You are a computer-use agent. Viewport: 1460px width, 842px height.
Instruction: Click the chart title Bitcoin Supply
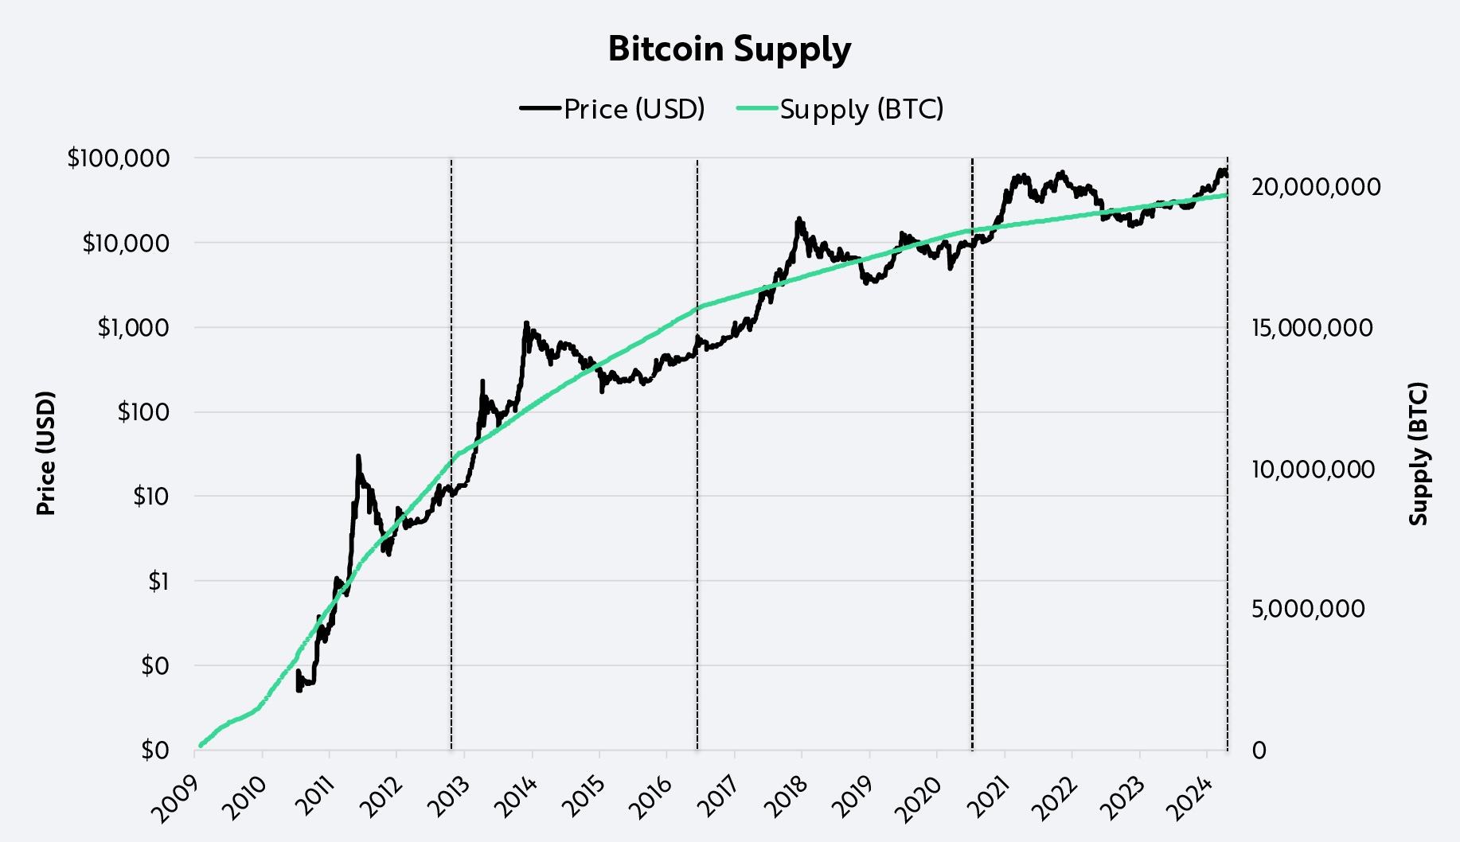pyautogui.click(x=729, y=49)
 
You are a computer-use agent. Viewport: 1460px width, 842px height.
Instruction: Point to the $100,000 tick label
pyautogui.click(x=119, y=158)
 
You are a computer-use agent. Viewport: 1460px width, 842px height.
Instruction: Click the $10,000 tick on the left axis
pyautogui.click(x=126, y=243)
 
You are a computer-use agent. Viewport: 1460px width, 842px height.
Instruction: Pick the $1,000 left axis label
pyautogui.click(x=133, y=327)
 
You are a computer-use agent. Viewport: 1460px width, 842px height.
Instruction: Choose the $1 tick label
pyautogui.click(x=158, y=581)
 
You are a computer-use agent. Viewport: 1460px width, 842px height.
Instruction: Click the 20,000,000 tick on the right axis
pyautogui.click(x=1315, y=187)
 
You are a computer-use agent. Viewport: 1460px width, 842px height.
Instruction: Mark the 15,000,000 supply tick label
pyautogui.click(x=1311, y=328)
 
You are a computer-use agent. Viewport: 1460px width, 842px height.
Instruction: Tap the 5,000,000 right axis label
pyautogui.click(x=1307, y=609)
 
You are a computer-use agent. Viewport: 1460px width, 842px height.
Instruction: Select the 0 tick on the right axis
pyautogui.click(x=1259, y=750)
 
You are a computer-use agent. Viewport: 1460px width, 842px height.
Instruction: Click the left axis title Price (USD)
pyautogui.click(x=46, y=453)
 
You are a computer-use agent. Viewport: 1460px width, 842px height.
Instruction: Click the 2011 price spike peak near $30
pyautogui.click(x=358, y=457)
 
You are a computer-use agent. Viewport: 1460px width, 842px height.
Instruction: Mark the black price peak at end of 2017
pyautogui.click(x=798, y=219)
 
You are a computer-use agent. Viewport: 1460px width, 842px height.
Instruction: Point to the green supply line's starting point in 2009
pyautogui.click(x=200, y=746)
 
